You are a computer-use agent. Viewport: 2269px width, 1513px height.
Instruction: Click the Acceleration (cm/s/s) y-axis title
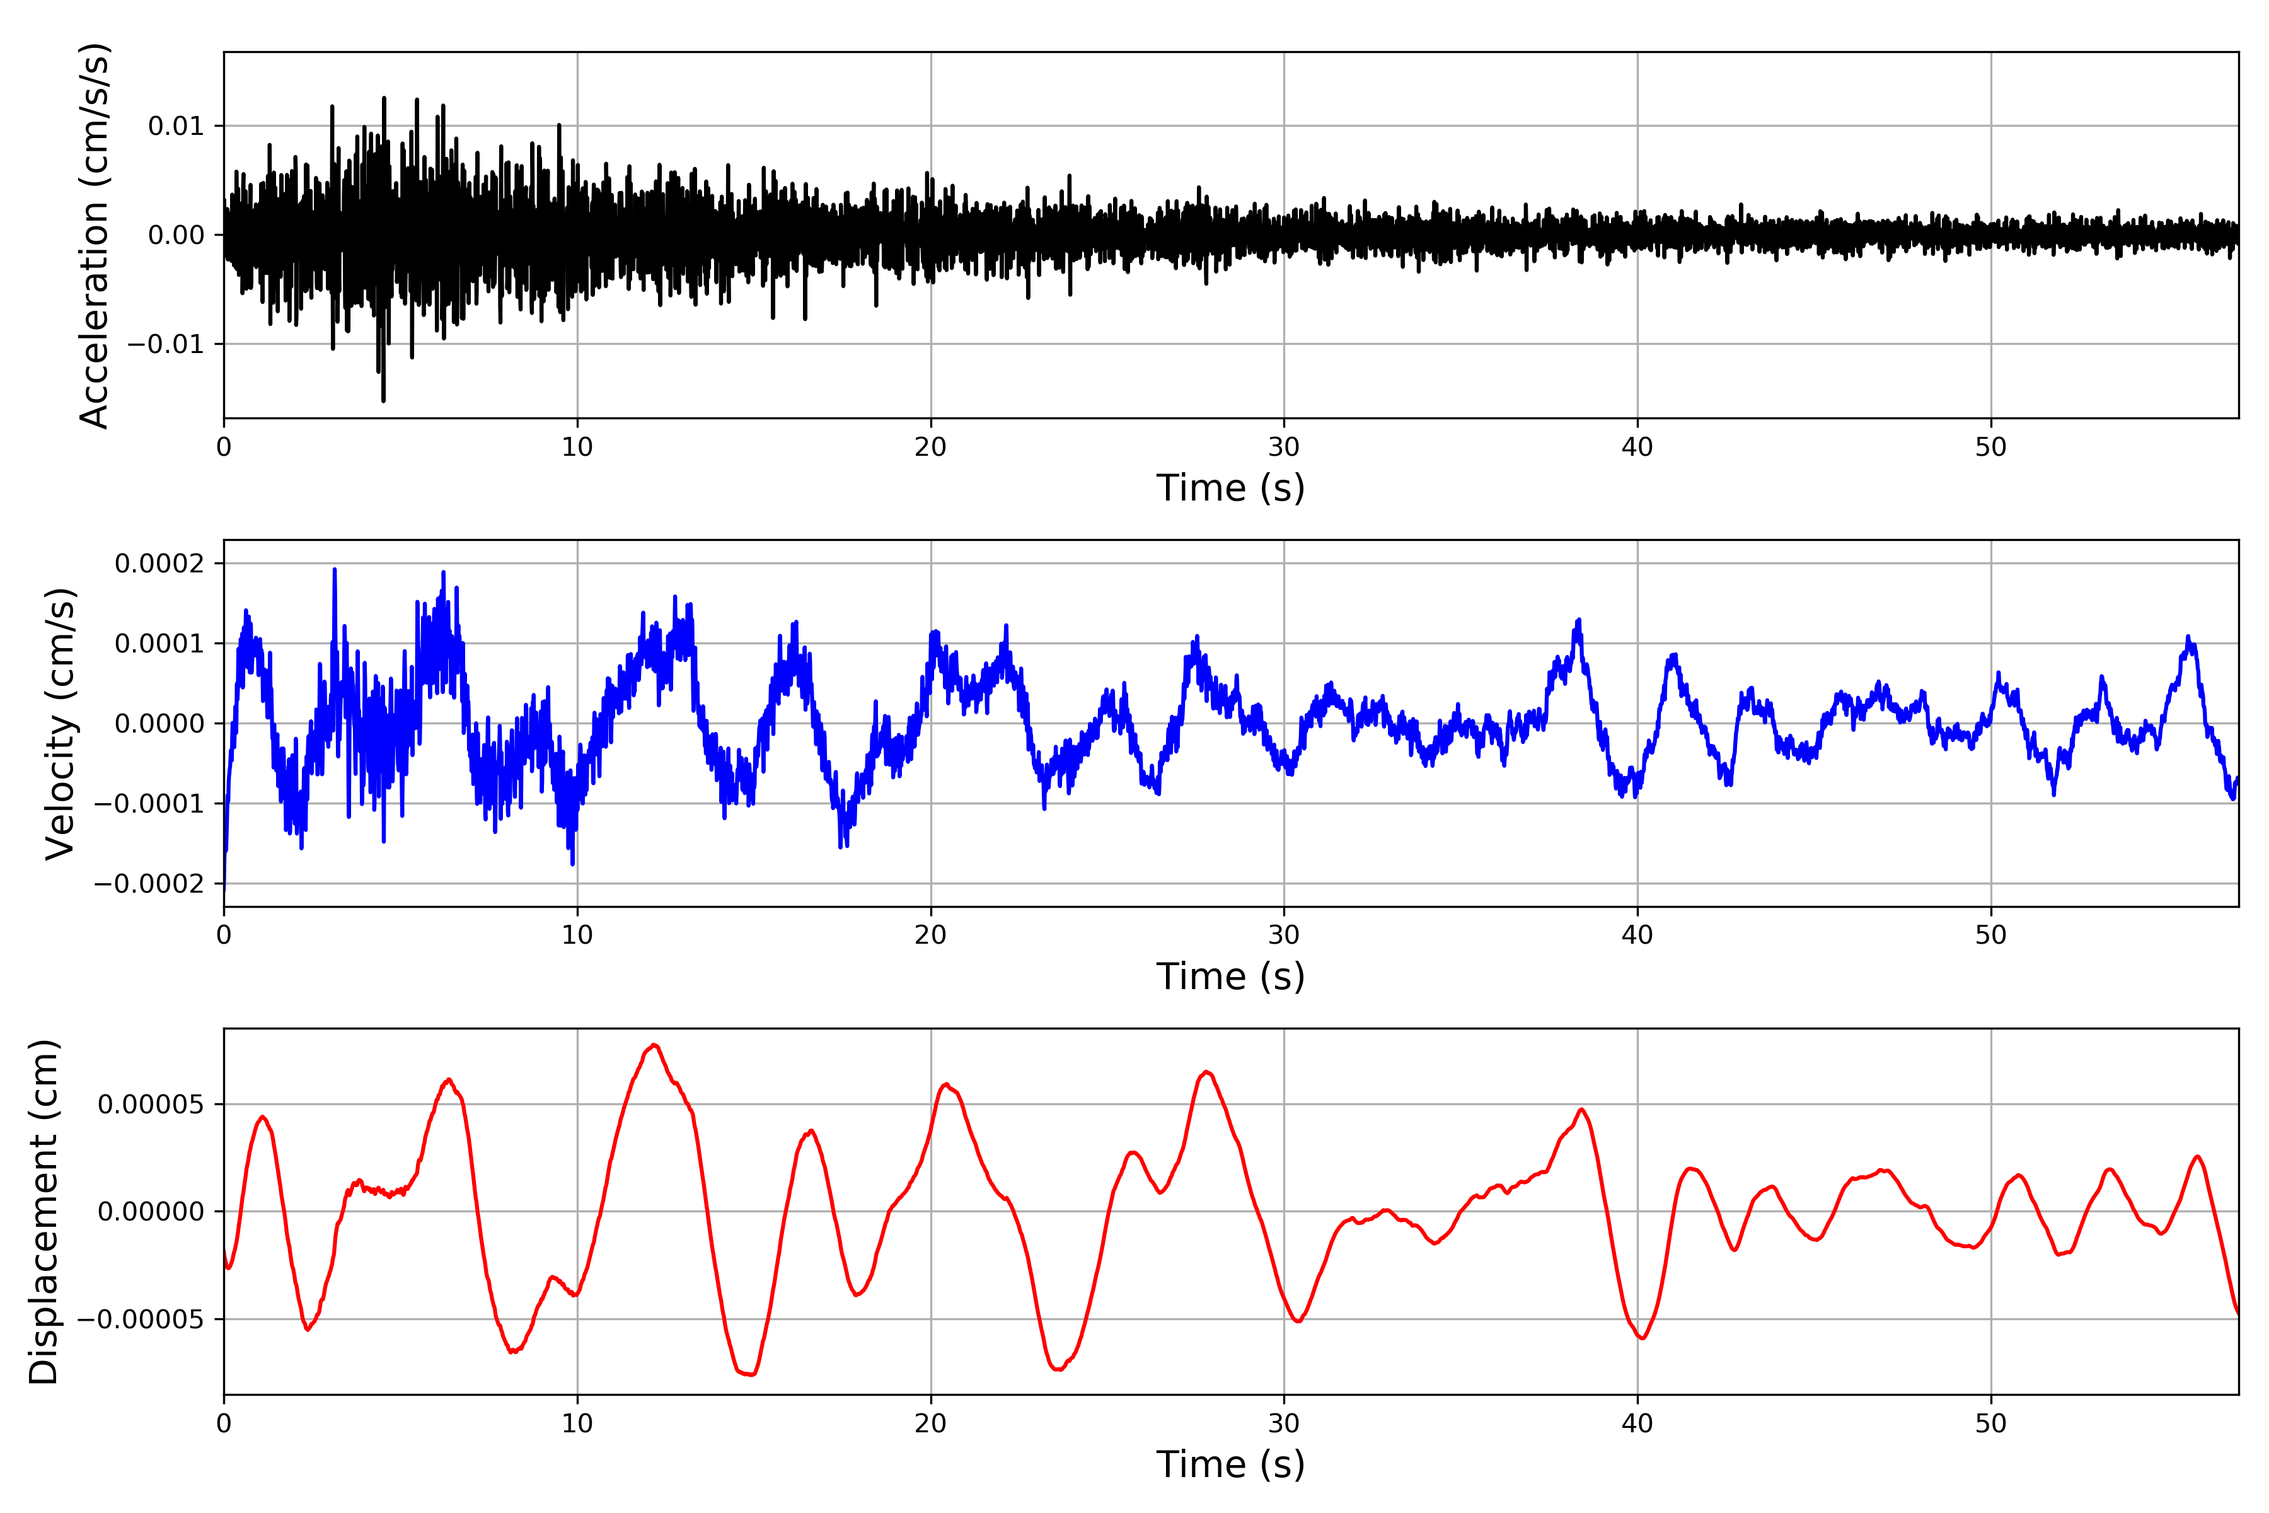click(x=95, y=235)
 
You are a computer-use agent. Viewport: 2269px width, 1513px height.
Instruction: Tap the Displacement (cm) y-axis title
click(x=43, y=1211)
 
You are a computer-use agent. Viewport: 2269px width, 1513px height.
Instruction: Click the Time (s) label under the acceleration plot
click(x=1230, y=488)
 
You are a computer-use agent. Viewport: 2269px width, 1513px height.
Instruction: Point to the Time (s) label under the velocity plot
click(x=1230, y=977)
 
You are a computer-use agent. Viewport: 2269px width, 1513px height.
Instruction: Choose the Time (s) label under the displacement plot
click(x=1230, y=1464)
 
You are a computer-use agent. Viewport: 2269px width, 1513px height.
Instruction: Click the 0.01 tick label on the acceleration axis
click(x=176, y=127)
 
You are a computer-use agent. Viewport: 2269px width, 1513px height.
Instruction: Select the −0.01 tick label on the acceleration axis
click(x=166, y=344)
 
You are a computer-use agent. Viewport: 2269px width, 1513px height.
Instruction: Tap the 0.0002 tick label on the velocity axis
click(x=159, y=564)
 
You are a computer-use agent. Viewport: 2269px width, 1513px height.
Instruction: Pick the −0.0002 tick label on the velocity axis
click(x=149, y=884)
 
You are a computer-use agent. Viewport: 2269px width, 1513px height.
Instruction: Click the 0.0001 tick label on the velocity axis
click(x=159, y=644)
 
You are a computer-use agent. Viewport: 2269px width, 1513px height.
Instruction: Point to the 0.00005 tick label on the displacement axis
click(x=151, y=1104)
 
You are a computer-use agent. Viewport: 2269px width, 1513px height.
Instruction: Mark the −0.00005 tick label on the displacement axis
click(x=141, y=1319)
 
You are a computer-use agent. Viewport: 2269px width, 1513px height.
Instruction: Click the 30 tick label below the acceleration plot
click(x=1284, y=448)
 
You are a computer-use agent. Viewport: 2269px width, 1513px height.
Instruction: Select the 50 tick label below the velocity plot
click(x=1990, y=935)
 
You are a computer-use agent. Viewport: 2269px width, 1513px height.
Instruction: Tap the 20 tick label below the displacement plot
click(x=931, y=1423)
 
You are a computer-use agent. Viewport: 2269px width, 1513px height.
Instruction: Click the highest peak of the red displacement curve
click(x=655, y=1045)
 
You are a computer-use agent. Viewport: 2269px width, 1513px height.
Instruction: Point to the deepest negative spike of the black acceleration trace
click(x=383, y=400)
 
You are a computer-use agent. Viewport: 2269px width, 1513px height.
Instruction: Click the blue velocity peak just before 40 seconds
click(x=1578, y=620)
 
